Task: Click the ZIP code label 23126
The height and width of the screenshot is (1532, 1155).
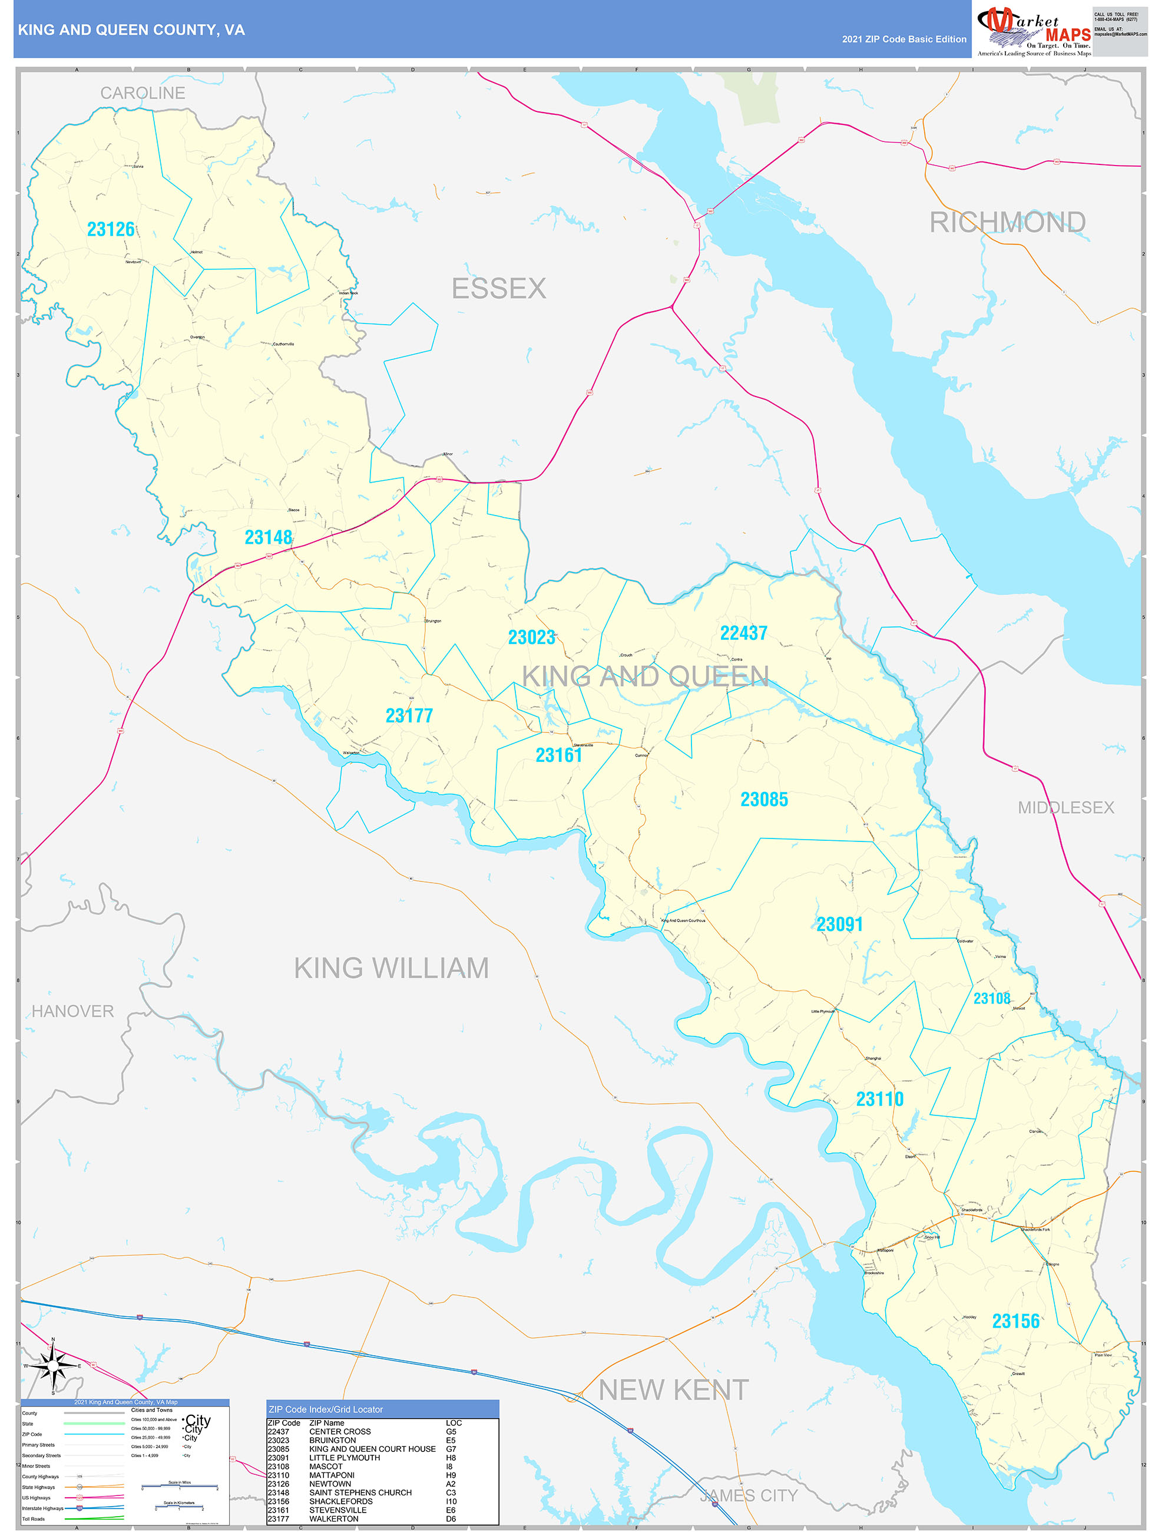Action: point(111,229)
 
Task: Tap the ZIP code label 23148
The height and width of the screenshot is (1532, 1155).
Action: point(268,537)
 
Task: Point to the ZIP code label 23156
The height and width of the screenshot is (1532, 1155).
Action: point(1015,1321)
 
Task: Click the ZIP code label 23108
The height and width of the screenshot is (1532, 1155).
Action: point(992,998)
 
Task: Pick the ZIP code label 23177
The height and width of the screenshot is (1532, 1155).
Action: point(409,715)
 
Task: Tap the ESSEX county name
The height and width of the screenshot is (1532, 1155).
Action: point(498,289)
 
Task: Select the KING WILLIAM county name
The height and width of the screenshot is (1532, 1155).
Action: point(391,968)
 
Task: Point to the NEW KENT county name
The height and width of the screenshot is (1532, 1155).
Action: point(673,1390)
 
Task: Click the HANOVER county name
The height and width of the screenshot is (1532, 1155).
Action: point(72,1011)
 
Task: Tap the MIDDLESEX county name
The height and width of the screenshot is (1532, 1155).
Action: point(1065,808)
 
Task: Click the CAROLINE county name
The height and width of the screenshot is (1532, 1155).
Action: point(143,93)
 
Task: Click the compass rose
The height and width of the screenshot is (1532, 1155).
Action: point(54,1365)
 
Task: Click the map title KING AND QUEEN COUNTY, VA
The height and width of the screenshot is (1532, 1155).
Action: point(131,30)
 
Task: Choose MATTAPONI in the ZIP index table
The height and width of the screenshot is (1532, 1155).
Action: point(332,1475)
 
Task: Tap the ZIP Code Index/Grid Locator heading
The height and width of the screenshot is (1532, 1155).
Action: point(326,1409)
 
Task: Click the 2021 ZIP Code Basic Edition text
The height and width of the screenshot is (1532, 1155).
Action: point(904,39)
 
